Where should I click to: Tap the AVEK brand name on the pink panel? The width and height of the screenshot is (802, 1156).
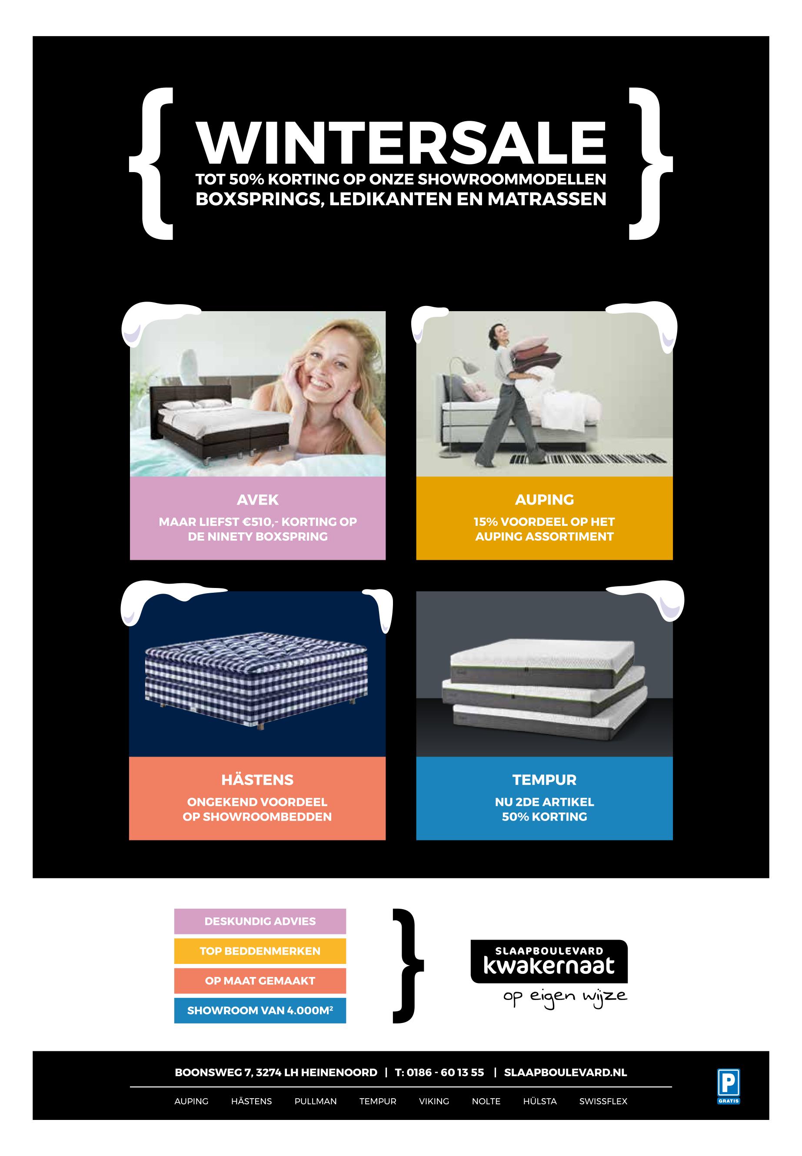click(x=257, y=499)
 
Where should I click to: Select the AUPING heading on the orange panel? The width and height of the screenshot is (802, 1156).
click(x=544, y=499)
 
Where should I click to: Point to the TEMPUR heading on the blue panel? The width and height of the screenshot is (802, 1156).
click(x=544, y=780)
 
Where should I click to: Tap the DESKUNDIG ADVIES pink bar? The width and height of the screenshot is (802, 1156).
click(x=260, y=921)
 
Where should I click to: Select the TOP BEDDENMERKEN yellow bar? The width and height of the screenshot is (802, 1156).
click(x=260, y=951)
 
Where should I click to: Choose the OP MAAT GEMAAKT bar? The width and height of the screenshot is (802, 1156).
click(x=260, y=981)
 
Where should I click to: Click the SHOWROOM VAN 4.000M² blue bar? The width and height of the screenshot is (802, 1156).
click(x=260, y=1010)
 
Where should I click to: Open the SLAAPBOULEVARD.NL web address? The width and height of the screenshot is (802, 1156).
click(x=566, y=1073)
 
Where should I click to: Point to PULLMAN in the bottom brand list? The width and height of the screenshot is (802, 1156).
click(x=316, y=1101)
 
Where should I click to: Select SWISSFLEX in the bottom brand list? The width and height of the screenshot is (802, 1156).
click(x=603, y=1101)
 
